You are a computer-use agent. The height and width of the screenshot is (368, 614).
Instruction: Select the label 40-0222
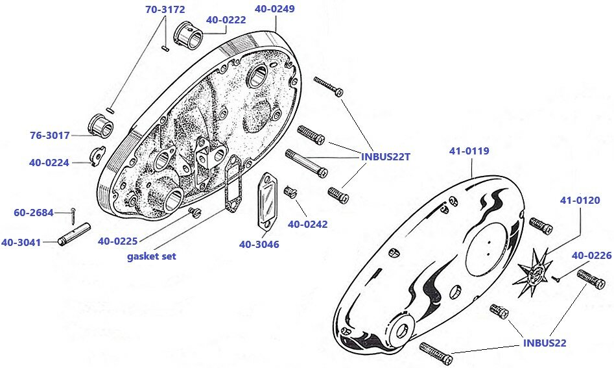pyautogui.click(x=226, y=20)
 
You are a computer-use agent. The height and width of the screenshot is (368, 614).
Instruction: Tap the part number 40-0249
pyautogui.click(x=274, y=9)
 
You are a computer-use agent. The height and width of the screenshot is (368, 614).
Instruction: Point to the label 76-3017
pyautogui.click(x=49, y=136)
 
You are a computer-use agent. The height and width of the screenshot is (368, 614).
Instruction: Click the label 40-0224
pyautogui.click(x=49, y=163)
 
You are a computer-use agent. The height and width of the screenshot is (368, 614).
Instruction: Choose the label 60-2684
pyautogui.click(x=34, y=212)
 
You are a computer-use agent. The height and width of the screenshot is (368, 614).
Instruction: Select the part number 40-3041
pyautogui.click(x=21, y=243)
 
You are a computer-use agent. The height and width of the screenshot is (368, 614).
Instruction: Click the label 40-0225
pyautogui.click(x=117, y=241)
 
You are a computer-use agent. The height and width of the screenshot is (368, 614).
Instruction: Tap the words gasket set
pyautogui.click(x=151, y=256)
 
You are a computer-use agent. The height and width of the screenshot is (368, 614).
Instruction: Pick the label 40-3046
pyautogui.click(x=259, y=244)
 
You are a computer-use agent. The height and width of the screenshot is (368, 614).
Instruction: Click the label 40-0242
pyautogui.click(x=307, y=224)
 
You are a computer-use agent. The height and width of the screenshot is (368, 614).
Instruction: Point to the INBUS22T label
pyautogui.click(x=387, y=156)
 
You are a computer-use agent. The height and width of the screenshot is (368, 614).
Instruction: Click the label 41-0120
pyautogui.click(x=580, y=201)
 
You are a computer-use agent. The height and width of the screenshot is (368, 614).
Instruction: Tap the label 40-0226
pyautogui.click(x=591, y=256)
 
